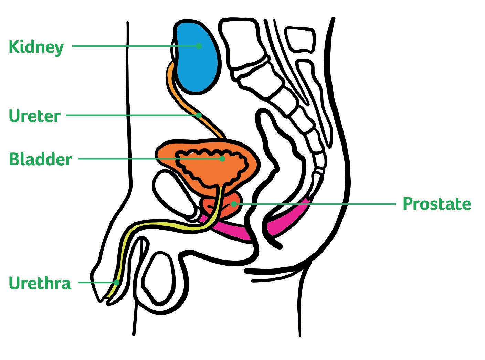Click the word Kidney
tap(36, 47)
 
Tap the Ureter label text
tap(34, 116)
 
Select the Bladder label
tap(40, 160)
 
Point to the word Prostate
tap(436, 204)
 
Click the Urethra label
tap(40, 283)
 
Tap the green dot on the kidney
tap(199, 46)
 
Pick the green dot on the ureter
tap(199, 115)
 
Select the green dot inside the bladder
tap(222, 159)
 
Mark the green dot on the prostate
tap(234, 204)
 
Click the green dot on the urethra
tap(117, 283)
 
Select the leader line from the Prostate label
tap(317, 204)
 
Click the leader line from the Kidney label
tap(134, 46)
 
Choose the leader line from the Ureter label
tap(131, 115)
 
